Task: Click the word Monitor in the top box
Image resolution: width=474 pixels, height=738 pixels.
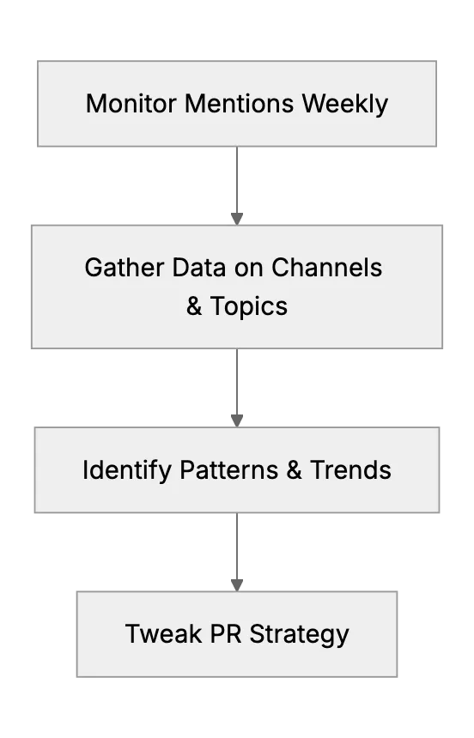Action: pos(131,104)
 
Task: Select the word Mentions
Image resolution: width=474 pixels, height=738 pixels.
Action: pos(240,104)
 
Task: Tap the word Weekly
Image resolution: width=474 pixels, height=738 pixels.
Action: pos(345,105)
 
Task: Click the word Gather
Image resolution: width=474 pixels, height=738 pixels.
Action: pos(125,268)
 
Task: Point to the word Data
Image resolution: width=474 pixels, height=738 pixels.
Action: pos(199,268)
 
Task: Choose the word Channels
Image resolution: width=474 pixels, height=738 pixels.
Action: pos(326,268)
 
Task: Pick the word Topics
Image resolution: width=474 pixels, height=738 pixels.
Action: pos(249,307)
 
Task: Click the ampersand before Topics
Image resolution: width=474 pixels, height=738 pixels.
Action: pos(194,306)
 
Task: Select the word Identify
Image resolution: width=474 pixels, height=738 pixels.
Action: pos(127,470)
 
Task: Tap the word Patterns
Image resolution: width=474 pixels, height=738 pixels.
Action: pos(229,469)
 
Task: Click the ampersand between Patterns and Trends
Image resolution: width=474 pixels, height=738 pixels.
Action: pos(294,469)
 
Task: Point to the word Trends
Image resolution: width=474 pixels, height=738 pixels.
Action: pos(350,469)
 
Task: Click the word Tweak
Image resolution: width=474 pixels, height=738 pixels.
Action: pos(163,633)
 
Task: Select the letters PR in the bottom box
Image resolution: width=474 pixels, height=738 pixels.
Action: pos(226,633)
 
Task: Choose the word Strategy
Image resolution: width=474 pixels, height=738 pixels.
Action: pos(299,635)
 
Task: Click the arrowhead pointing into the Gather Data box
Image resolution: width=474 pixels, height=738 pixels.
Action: pos(237,219)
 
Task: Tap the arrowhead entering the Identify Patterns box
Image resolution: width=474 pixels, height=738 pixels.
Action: pos(237,420)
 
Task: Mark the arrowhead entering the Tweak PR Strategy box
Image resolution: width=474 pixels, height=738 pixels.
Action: pos(237,585)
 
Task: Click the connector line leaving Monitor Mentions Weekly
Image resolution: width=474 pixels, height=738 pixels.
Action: pos(237,180)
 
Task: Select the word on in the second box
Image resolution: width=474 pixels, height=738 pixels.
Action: pos(248,269)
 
